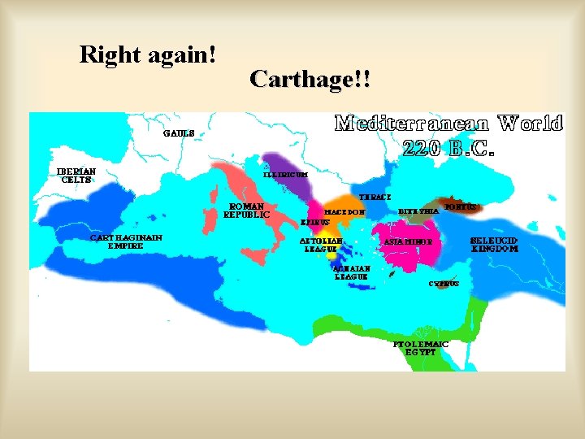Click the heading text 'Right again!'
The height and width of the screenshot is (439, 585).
point(148,55)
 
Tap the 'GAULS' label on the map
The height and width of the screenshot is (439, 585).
point(179,133)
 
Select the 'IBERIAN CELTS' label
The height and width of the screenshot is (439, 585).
point(76,176)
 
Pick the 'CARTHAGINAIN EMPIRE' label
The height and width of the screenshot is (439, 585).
point(126,241)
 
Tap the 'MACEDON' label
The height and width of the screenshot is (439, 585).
point(345,211)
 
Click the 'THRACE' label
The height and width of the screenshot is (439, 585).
point(375,197)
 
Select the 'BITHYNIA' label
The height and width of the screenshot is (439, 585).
point(418,211)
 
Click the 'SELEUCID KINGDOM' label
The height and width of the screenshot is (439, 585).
point(494,245)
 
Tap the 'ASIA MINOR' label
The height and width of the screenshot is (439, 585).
point(408,241)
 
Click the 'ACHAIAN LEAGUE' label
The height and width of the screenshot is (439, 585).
point(351,272)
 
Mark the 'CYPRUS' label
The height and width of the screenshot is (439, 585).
point(444,284)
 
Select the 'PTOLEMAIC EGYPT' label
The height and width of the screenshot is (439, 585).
point(421,348)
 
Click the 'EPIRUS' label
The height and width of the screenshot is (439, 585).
point(315,221)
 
